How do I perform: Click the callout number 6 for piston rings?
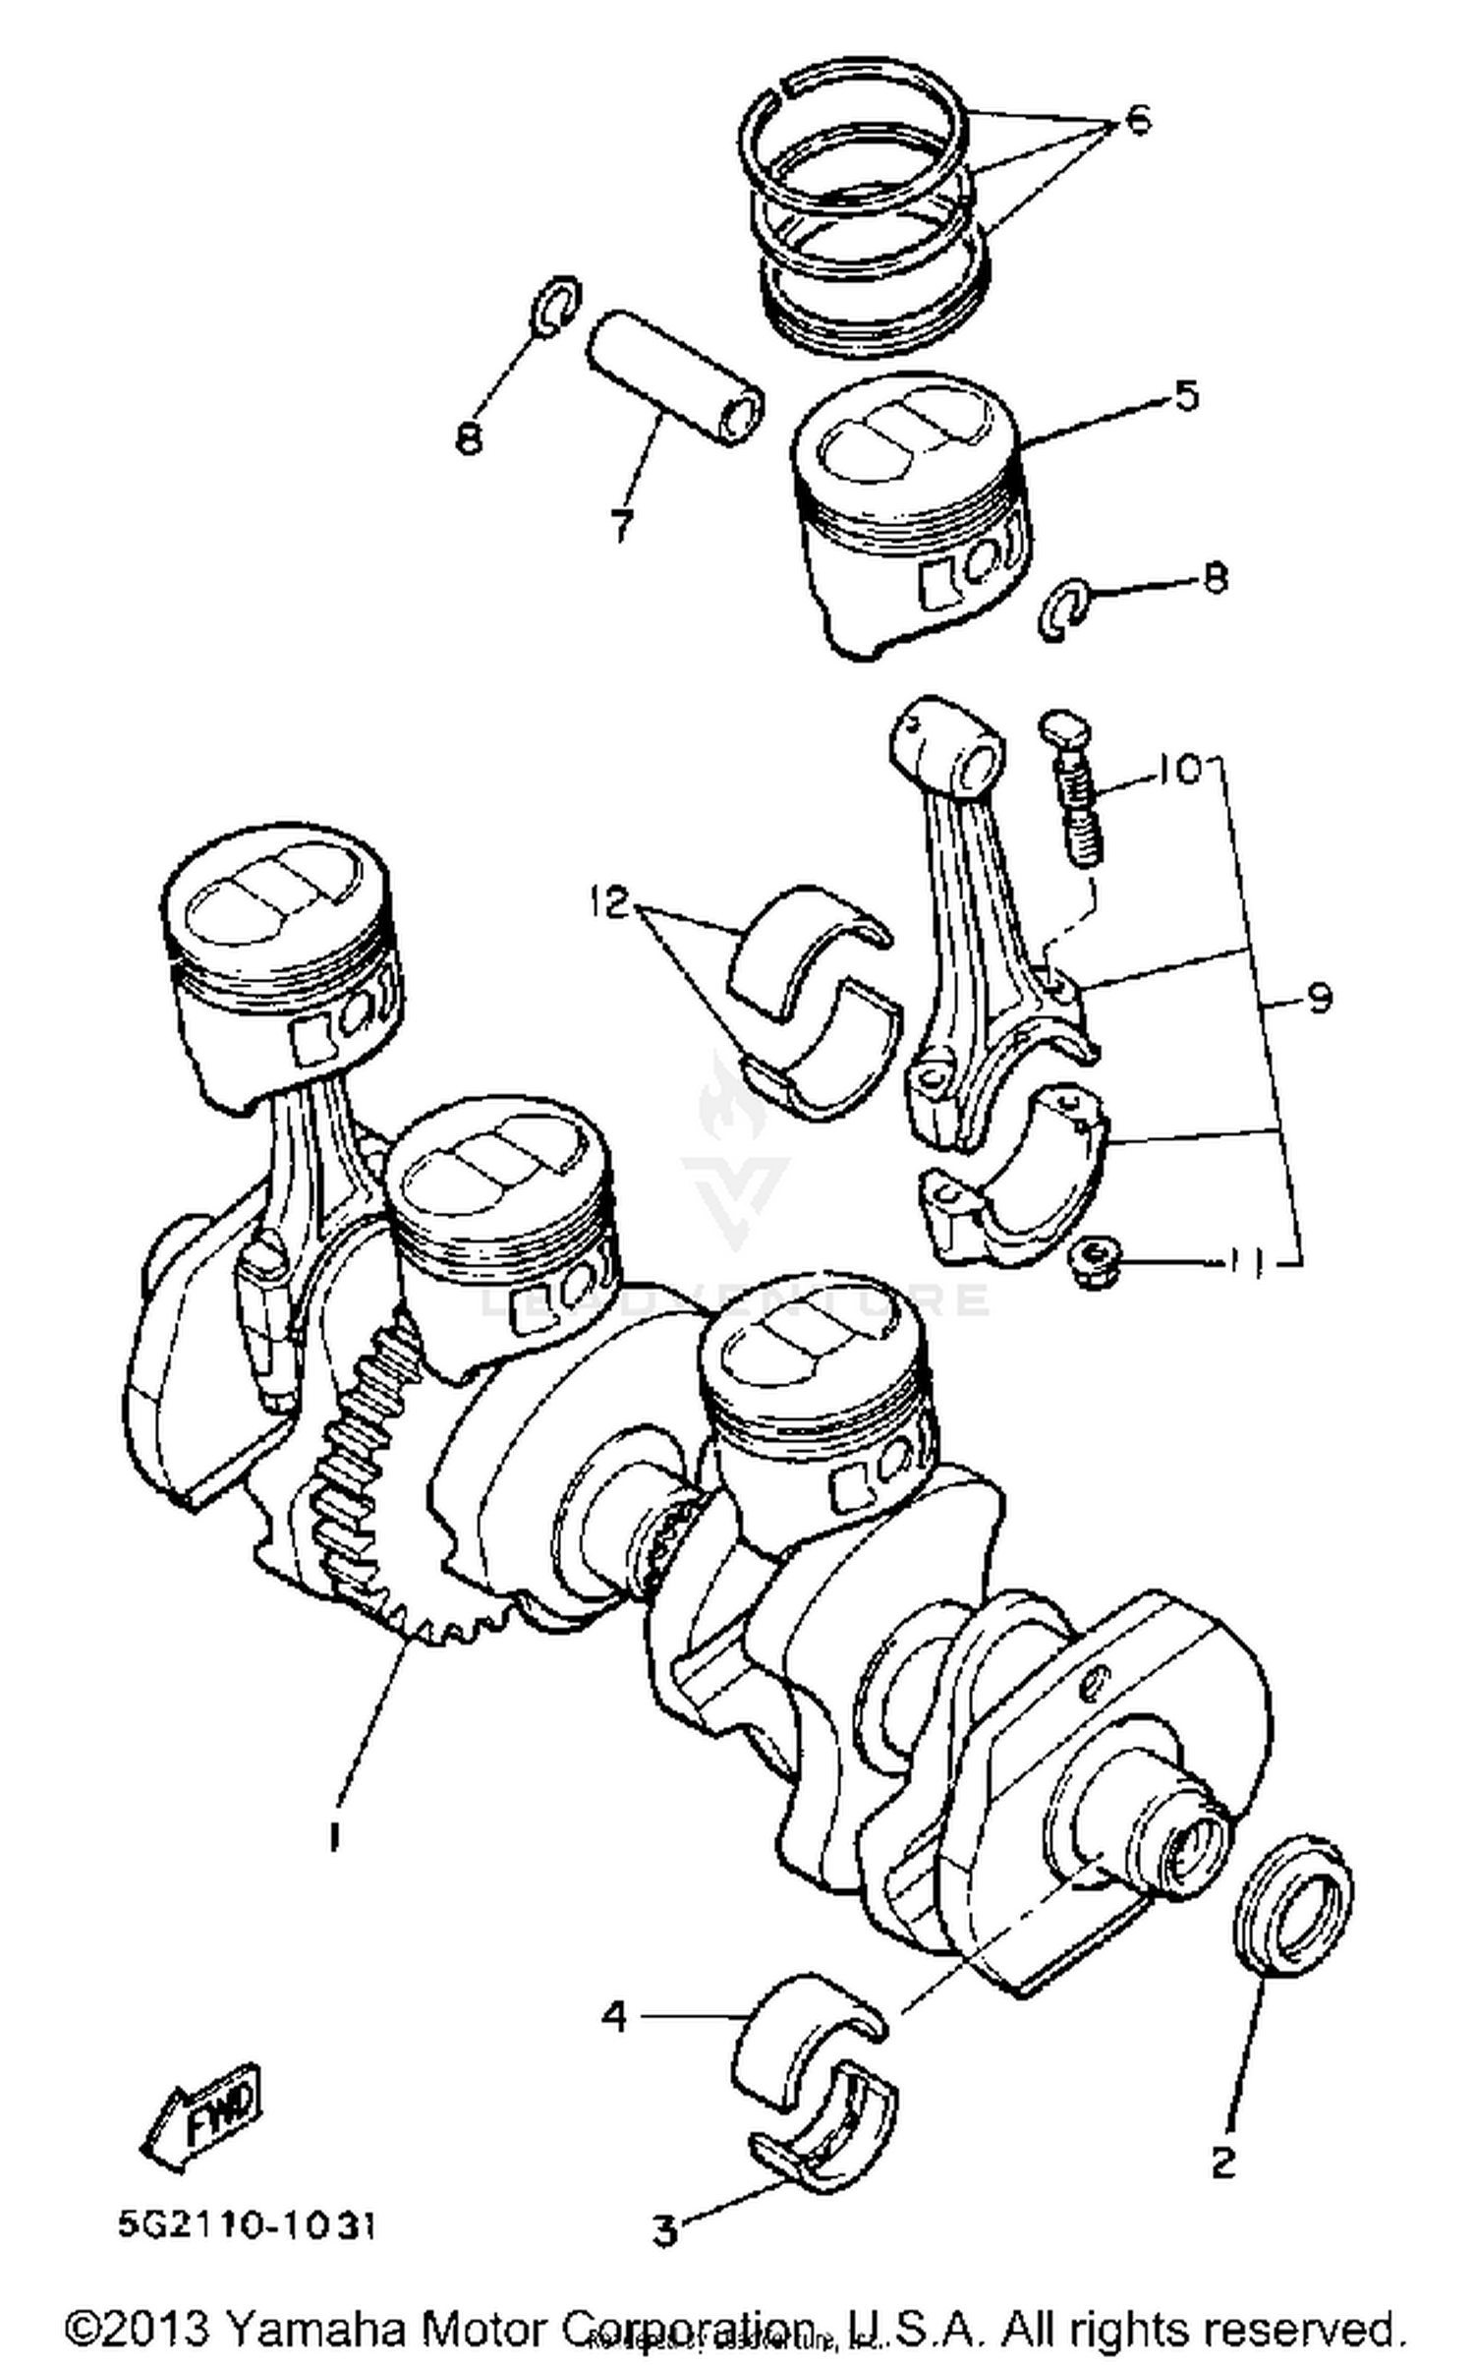1136,122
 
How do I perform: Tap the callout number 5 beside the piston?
1186,395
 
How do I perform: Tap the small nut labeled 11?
1094,1263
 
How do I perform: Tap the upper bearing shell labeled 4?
806,2035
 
